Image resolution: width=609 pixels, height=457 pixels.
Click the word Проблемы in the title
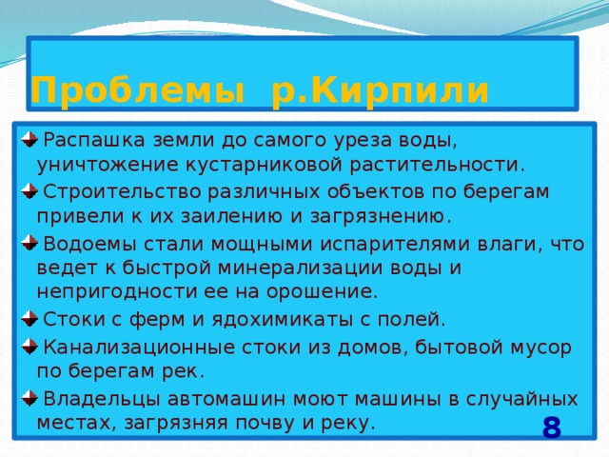coord(130,91)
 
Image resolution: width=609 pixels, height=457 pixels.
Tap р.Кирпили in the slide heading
coord(381,91)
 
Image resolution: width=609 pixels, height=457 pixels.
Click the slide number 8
coord(551,427)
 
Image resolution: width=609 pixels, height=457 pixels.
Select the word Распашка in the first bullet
coord(91,140)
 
